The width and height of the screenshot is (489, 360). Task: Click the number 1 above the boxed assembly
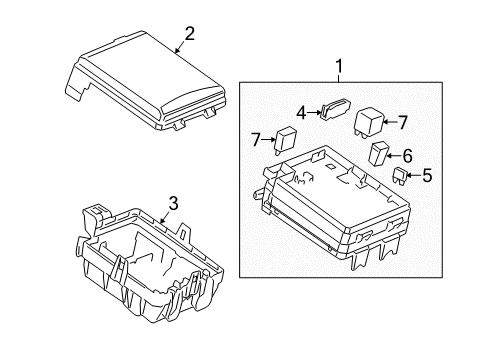[x=339, y=68]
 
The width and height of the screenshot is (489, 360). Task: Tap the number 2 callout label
[x=189, y=33]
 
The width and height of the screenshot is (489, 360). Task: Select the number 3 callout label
[x=172, y=205]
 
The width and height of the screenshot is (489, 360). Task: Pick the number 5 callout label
[x=427, y=177]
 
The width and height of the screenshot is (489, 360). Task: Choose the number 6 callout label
[x=407, y=155]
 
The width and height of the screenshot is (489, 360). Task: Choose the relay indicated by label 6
[x=379, y=154]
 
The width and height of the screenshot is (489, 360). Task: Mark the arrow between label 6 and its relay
[x=394, y=155]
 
